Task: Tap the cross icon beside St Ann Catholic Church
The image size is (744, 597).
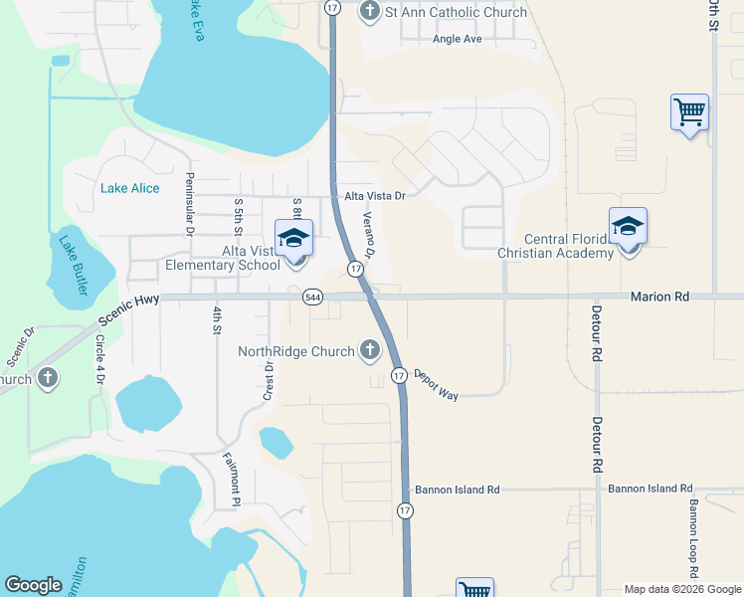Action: click(x=370, y=12)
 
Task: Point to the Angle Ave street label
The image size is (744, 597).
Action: click(x=457, y=39)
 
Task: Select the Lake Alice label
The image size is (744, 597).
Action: click(x=130, y=188)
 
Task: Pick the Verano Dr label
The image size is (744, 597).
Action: click(x=367, y=235)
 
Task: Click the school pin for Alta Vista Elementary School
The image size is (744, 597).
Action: click(x=293, y=240)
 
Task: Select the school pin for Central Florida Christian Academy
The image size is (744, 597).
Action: click(x=628, y=228)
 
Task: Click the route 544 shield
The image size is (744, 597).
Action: click(x=313, y=297)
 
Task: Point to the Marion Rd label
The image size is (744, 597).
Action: click(x=658, y=297)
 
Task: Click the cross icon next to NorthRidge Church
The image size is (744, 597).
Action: click(x=370, y=350)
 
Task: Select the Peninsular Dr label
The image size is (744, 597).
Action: click(x=189, y=204)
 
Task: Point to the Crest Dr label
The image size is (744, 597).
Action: click(x=269, y=380)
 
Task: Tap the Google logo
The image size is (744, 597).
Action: click(x=33, y=585)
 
